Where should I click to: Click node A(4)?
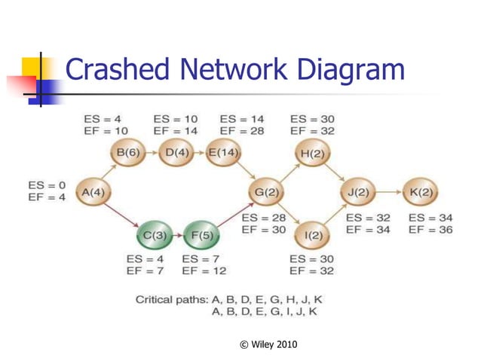pyautogui.click(x=93, y=192)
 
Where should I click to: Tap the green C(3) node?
pyautogui.click(x=155, y=236)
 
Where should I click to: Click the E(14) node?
pyautogui.click(x=223, y=153)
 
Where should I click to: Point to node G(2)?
pyautogui.click(x=266, y=192)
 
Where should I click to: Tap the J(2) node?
pyautogui.click(x=357, y=192)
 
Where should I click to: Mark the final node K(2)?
pyautogui.click(x=420, y=192)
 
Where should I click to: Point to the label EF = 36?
pyautogui.click(x=430, y=230)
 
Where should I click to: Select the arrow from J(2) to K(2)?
pyautogui.click(x=388, y=192)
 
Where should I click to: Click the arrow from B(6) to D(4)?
pyautogui.click(x=152, y=153)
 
